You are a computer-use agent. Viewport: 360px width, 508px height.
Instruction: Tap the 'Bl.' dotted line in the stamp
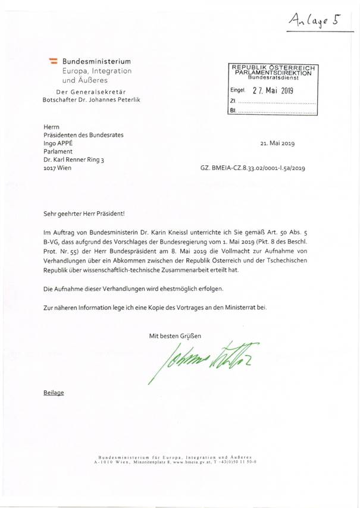pos(273,111)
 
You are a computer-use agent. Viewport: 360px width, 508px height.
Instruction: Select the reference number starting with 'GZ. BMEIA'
pos(253,169)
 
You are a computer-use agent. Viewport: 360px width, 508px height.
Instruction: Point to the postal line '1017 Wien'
pos(58,168)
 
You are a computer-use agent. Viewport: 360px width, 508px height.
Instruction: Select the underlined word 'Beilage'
pos(54,393)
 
